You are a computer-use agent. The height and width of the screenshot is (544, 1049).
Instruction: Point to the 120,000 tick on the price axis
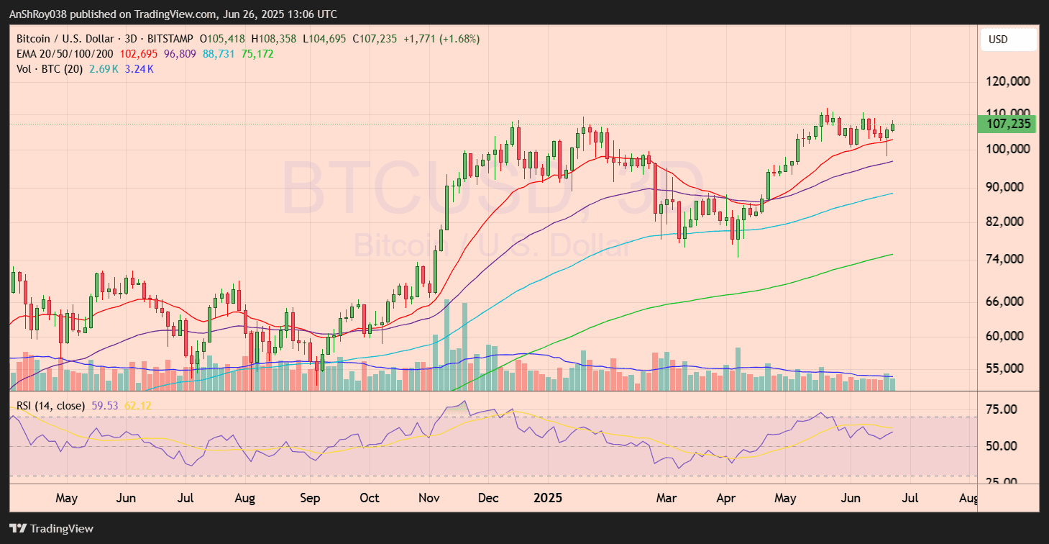(1008, 81)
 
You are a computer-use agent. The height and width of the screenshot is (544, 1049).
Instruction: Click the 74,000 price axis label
(1008, 259)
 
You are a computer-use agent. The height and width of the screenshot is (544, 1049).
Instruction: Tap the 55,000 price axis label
(1008, 368)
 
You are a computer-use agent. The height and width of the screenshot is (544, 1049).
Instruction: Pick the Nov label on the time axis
(429, 498)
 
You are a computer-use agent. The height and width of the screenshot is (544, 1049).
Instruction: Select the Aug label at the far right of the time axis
(968, 498)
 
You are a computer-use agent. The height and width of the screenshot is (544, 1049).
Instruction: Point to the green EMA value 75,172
(257, 54)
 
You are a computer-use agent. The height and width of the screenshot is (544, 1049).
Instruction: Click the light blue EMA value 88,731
(219, 54)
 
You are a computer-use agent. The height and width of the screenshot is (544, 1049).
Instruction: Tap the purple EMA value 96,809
(180, 54)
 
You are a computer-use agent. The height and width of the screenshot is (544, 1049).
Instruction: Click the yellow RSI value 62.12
(138, 406)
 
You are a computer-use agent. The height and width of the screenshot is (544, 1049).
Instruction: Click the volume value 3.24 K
(140, 69)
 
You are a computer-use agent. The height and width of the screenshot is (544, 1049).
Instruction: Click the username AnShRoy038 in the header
(39, 14)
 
